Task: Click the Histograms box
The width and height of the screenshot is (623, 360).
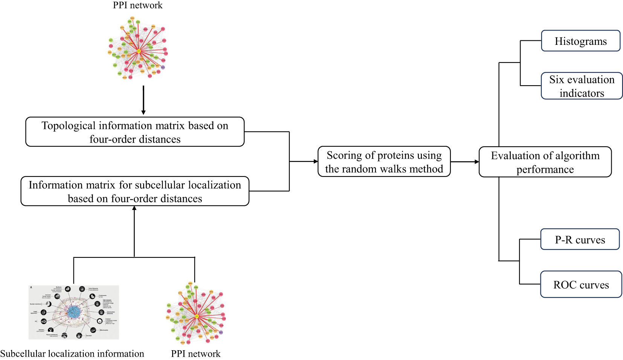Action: [580, 41]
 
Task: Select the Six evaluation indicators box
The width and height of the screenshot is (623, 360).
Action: [582, 86]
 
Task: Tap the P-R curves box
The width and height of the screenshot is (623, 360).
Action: [580, 239]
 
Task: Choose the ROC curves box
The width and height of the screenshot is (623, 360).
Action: [581, 284]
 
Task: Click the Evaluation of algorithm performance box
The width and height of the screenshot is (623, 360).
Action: [545, 162]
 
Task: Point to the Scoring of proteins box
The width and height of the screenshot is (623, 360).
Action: [384, 162]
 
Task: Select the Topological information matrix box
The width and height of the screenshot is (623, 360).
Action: [135, 132]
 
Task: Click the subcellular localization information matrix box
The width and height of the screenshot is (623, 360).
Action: [135, 191]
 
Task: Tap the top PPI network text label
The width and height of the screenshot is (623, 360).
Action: [137, 5]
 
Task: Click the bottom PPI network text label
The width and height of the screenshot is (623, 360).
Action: [195, 354]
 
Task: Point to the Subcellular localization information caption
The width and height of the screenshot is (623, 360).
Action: [72, 354]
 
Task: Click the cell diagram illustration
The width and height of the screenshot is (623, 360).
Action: [74, 312]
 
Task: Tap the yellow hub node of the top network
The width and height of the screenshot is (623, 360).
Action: [139, 51]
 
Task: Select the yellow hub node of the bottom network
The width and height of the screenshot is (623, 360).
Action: [197, 316]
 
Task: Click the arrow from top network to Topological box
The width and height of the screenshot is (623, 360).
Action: [143, 100]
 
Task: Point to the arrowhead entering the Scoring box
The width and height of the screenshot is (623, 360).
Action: [316, 161]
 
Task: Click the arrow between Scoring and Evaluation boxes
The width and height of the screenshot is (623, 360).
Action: [464, 162]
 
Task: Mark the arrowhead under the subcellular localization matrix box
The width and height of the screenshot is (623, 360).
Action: [134, 208]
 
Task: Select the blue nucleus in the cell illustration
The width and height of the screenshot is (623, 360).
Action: [74, 311]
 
